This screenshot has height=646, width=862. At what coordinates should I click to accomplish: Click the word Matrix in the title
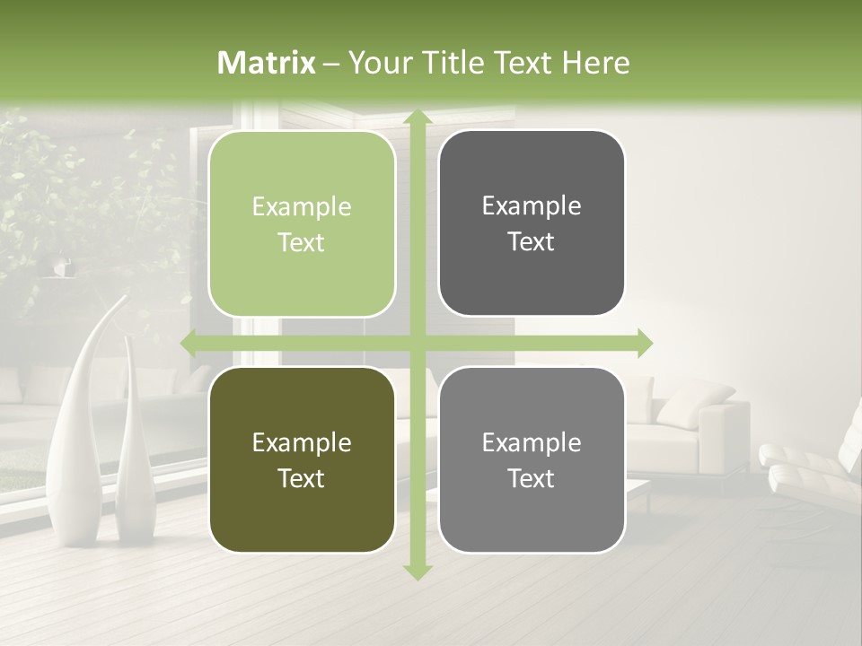point(267,63)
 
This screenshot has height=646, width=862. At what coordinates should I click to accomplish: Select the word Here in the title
point(595,63)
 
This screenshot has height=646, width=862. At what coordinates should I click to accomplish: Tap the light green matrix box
point(302,224)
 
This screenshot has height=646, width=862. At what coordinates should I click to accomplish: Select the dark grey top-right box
point(532,223)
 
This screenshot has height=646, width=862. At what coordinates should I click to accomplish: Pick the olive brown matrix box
point(302,459)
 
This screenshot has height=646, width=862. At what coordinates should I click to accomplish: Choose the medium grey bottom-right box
point(532,459)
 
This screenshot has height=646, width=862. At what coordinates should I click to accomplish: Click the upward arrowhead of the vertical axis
point(417,118)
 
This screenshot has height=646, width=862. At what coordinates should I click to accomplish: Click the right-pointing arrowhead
point(644,344)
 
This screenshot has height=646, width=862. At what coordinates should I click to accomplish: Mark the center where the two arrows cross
point(417,344)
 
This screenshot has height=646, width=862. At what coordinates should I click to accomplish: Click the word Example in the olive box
point(302,442)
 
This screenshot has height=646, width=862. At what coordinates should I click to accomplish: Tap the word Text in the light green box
point(302,243)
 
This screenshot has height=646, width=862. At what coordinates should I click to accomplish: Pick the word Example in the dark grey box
point(532,205)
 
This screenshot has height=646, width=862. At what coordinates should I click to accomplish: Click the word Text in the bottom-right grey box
point(532,478)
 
